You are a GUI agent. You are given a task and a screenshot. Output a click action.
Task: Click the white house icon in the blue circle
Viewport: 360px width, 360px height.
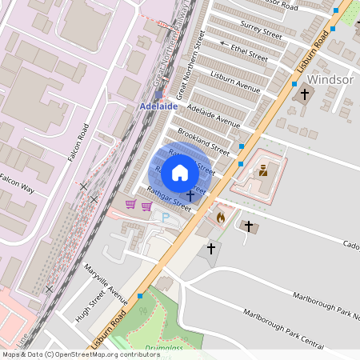[x=180, y=172]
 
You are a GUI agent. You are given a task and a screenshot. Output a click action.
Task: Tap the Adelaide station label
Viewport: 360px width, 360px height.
[x=158, y=106]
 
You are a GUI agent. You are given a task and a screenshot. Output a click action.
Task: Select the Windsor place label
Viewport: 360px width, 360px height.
[x=330, y=80]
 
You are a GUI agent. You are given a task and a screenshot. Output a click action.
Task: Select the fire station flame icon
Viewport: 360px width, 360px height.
[x=222, y=216]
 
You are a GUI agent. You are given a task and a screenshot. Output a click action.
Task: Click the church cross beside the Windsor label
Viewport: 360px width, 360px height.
[x=304, y=94]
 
